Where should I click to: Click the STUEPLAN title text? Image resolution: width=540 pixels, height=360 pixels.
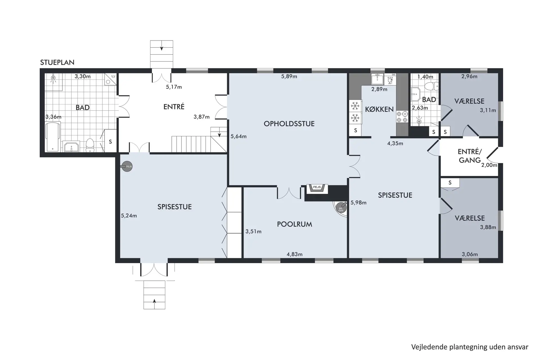[57, 62]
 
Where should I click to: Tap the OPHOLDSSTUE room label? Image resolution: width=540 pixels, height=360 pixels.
[289, 124]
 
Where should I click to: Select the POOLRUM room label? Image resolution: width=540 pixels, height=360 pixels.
[294, 224]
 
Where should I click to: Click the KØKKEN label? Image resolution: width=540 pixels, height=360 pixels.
[379, 109]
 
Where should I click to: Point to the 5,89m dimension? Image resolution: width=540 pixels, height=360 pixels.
[289, 76]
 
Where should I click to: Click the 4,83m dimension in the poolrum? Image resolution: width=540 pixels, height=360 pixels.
[294, 254]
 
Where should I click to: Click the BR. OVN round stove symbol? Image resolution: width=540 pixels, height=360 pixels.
[341, 207]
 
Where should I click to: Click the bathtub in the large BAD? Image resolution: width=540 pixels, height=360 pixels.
[53, 137]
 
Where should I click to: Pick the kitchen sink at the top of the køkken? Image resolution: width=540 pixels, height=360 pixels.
[377, 79]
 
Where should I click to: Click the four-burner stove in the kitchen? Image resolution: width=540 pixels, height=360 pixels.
[402, 117]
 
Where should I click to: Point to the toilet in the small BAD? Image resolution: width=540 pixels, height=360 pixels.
[431, 86]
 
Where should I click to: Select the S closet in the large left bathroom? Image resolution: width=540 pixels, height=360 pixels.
[110, 141]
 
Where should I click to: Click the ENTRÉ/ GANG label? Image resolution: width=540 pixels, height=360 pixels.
[469, 156]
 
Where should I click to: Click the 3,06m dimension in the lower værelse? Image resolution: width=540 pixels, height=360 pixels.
[470, 254]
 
